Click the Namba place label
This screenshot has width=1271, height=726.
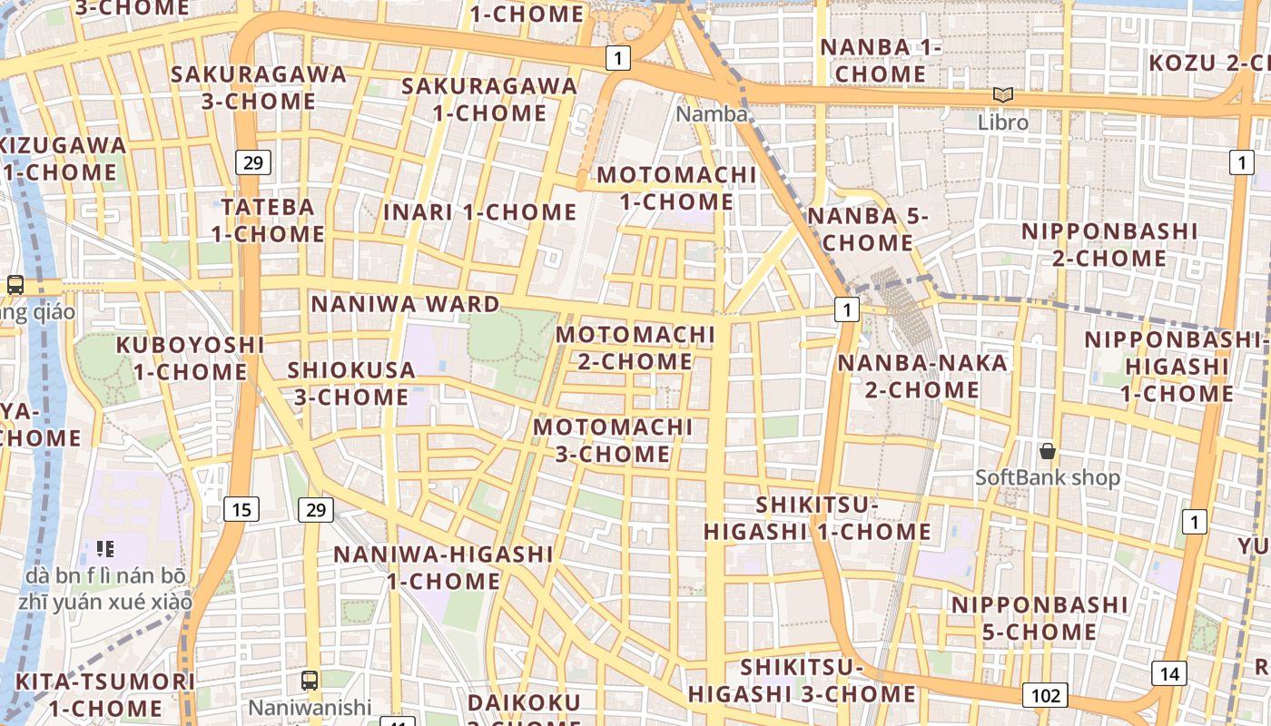[x=713, y=114]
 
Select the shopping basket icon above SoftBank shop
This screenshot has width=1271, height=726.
[x=1048, y=450]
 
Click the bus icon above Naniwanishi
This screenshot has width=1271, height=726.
[x=310, y=680]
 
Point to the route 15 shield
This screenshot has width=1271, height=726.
[x=241, y=509]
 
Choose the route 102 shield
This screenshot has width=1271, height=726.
[x=1045, y=696]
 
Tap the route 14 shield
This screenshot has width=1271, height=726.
[x=1169, y=673]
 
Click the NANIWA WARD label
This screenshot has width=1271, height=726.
[x=406, y=304]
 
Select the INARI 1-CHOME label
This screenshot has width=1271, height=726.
[x=480, y=212]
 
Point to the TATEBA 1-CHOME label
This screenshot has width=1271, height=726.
[x=268, y=221]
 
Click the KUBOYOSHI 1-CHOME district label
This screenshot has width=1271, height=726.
[x=191, y=358]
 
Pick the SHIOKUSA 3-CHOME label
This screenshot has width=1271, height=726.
[x=350, y=383]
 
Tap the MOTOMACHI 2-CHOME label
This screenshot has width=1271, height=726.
[x=635, y=348]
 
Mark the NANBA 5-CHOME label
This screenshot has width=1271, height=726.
[x=868, y=230]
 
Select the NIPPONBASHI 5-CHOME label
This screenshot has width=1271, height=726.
[x=1039, y=618]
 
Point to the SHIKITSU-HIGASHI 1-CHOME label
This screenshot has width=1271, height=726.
[x=817, y=518]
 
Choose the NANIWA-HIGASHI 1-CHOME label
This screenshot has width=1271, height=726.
[x=444, y=567]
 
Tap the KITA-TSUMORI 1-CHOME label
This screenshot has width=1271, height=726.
[x=105, y=694]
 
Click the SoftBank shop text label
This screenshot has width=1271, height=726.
[x=1048, y=477]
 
